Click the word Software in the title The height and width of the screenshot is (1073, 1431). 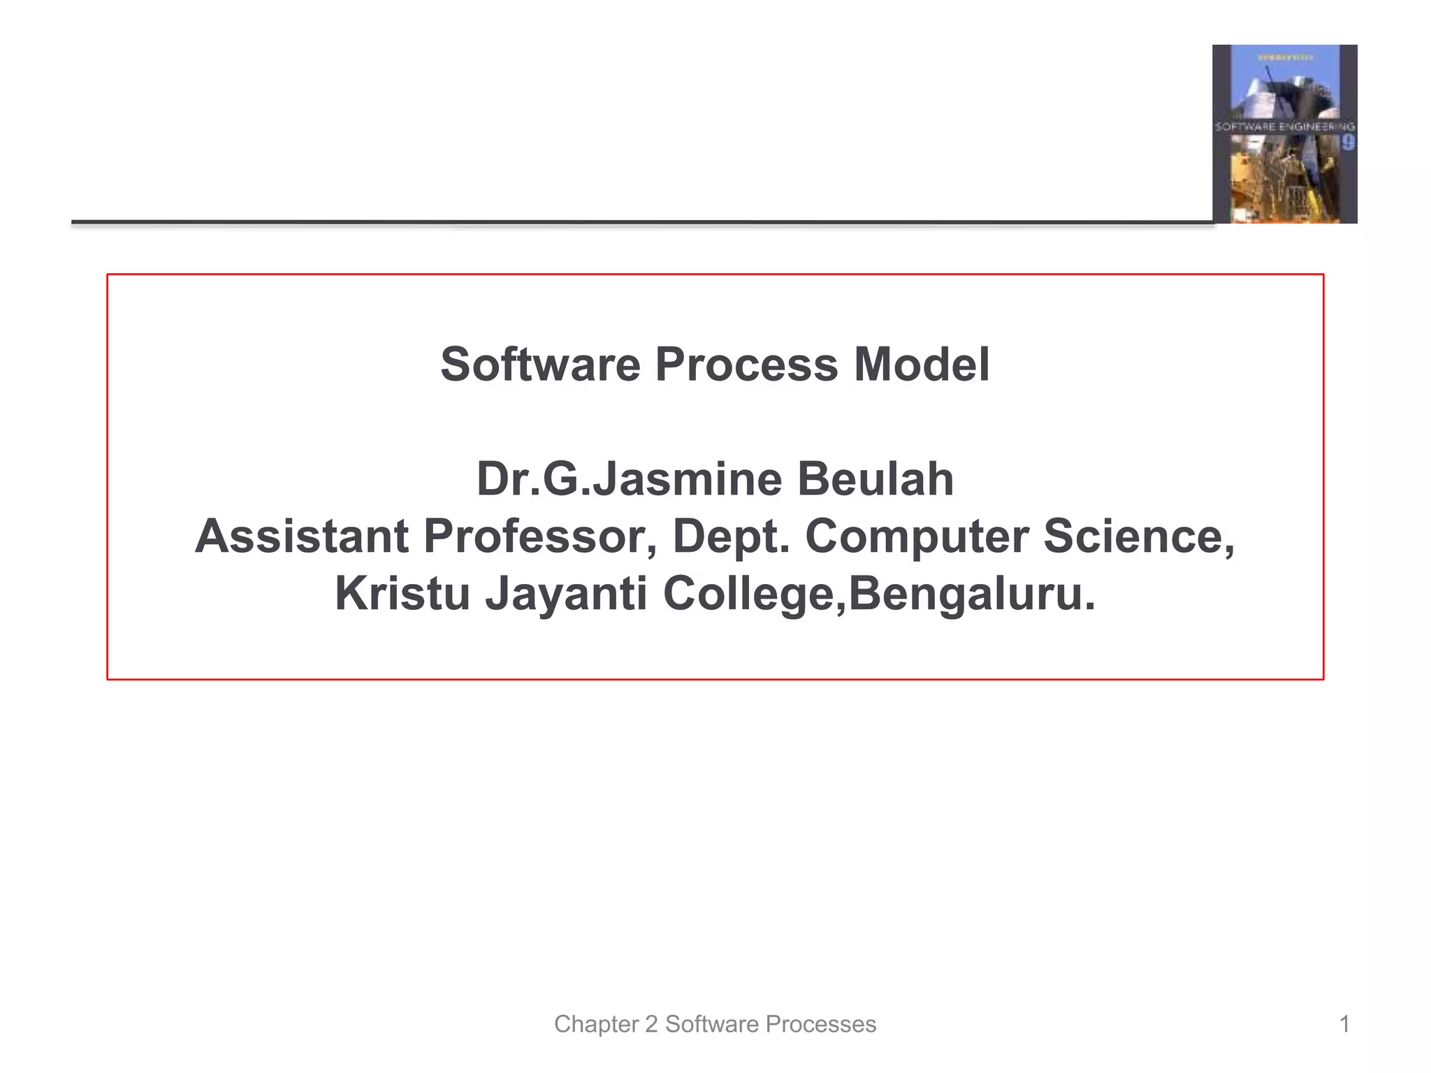click(x=540, y=365)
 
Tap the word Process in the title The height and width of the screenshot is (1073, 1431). click(x=746, y=365)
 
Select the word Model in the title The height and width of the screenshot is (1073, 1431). click(x=921, y=365)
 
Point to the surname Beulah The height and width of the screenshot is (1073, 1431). click(x=876, y=480)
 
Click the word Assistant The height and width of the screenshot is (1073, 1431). click(x=302, y=536)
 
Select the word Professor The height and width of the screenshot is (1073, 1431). click(x=539, y=536)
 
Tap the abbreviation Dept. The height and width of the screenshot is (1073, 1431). click(x=731, y=536)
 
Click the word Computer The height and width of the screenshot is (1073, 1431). click(x=917, y=536)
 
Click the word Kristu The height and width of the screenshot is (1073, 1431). click(x=402, y=594)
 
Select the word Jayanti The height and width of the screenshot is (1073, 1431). click(x=566, y=594)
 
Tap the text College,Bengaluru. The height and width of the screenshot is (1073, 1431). click(x=879, y=594)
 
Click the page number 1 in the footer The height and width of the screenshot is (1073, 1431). click(x=1344, y=1024)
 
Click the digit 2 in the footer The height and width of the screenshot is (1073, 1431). click(x=651, y=1024)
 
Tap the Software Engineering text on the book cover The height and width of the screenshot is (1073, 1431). click(x=1284, y=126)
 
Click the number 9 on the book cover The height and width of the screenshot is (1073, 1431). click(x=1347, y=143)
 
